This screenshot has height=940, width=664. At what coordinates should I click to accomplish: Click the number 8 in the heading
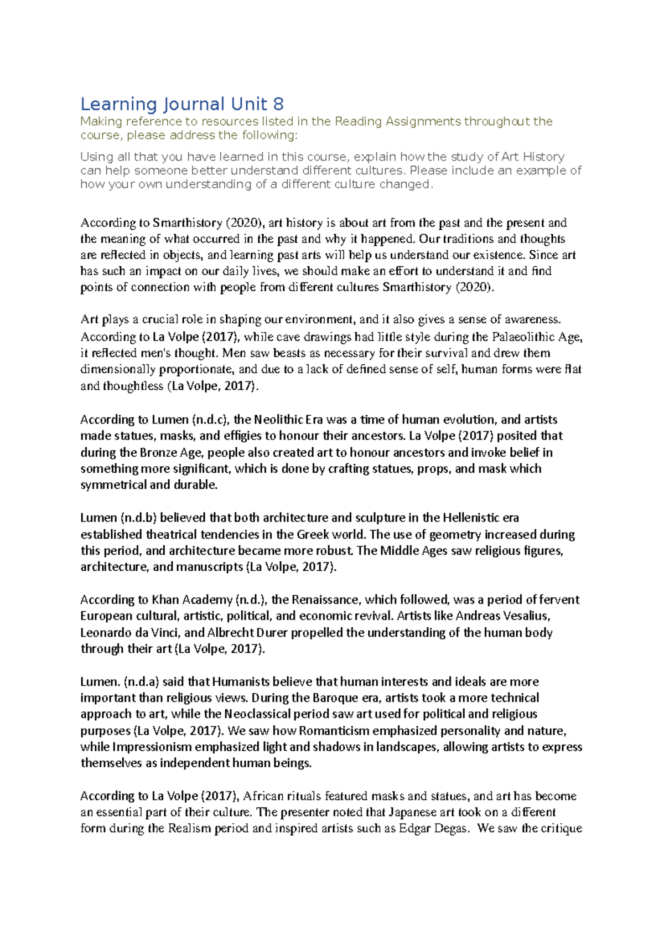tap(278, 104)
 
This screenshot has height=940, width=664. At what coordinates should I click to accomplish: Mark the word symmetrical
tap(113, 485)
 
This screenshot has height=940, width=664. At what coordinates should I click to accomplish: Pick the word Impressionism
tap(152, 747)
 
